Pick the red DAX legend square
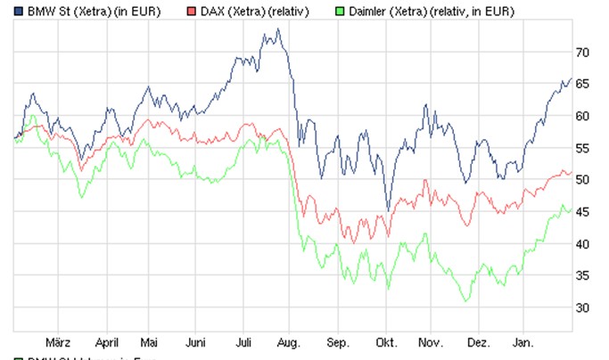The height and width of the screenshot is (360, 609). pyautogui.click(x=192, y=11)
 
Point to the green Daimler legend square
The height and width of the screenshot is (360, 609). pyautogui.click(x=337, y=11)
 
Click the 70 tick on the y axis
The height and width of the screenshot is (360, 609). pyautogui.click(x=583, y=53)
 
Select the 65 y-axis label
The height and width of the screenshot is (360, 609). pyautogui.click(x=583, y=84)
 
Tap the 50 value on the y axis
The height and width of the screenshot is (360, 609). pyautogui.click(x=583, y=180)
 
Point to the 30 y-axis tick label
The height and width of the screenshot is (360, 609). pyautogui.click(x=583, y=307)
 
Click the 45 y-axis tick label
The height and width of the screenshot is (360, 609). pyautogui.click(x=583, y=212)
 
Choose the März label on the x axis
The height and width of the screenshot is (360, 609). pyautogui.click(x=57, y=341)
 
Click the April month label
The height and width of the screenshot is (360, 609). pyautogui.click(x=106, y=341)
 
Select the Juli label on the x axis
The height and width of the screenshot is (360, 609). pyautogui.click(x=245, y=341)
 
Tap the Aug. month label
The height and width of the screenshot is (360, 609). pyautogui.click(x=290, y=341)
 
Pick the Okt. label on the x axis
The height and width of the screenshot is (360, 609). pyautogui.click(x=386, y=341)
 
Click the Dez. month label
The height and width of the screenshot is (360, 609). pyautogui.click(x=480, y=341)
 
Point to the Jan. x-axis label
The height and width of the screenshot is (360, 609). pyautogui.click(x=525, y=341)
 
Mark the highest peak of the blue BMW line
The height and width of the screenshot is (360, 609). pyautogui.click(x=278, y=29)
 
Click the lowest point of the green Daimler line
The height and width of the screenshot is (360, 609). pyautogui.click(x=465, y=301)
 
